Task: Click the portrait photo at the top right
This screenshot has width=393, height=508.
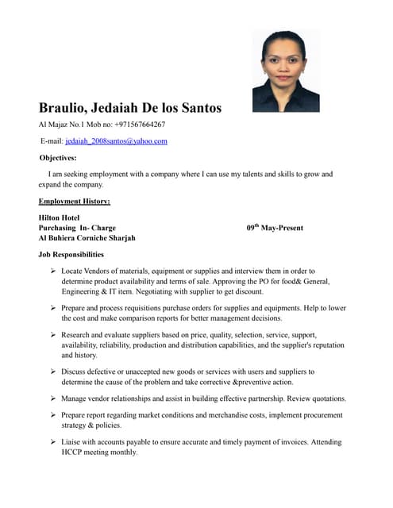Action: (x=286, y=71)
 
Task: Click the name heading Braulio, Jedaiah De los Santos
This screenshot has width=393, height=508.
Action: (x=130, y=107)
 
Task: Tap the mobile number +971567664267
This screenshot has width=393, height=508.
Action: (x=140, y=125)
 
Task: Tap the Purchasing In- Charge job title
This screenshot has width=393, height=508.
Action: (x=77, y=228)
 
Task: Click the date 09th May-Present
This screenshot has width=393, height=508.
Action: (x=275, y=228)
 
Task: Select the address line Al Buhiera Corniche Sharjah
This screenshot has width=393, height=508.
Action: (x=87, y=238)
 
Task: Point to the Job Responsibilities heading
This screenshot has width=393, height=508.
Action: (x=71, y=255)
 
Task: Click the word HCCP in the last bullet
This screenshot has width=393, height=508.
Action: (x=73, y=452)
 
